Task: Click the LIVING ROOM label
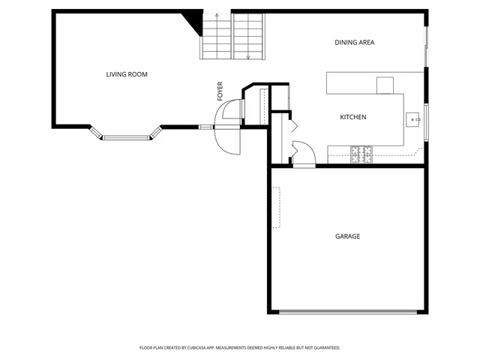tap(126, 74)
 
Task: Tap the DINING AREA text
tap(354, 42)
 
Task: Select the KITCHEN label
tap(353, 117)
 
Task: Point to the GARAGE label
tap(347, 236)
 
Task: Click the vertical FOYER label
tap(220, 91)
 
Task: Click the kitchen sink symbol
tap(412, 118)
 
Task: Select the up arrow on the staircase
tap(216, 16)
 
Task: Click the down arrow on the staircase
tap(248, 55)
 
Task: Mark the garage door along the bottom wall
tap(347, 311)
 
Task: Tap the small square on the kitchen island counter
tap(385, 85)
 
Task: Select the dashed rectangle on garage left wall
tap(276, 207)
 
